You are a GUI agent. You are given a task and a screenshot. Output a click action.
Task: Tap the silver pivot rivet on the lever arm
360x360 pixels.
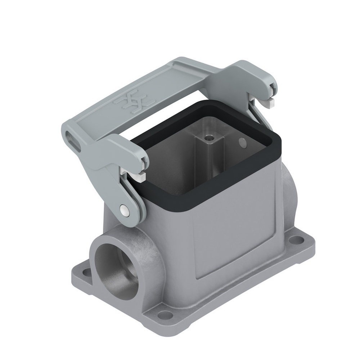[124, 211]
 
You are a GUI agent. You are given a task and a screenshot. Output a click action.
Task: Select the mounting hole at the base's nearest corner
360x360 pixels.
[165, 314]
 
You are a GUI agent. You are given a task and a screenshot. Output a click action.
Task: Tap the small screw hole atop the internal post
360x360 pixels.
[208, 137]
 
